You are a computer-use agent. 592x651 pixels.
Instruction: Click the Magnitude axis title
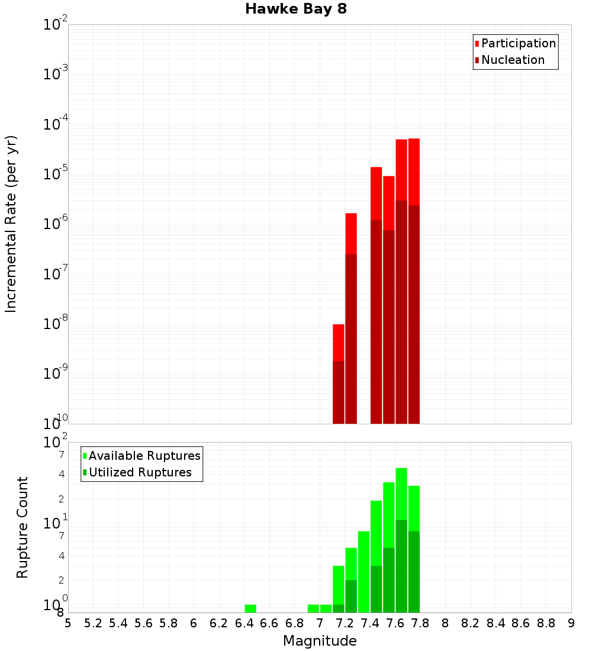coord(320,641)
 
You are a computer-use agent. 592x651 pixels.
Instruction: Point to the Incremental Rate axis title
coord(11,224)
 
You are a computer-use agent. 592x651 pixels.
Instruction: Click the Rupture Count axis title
coord(22,527)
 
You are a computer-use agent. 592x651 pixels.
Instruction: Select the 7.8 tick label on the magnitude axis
coord(420,623)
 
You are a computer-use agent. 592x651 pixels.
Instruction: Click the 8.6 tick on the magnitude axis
coord(521,623)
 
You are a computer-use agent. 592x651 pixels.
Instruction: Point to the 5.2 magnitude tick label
coord(94,623)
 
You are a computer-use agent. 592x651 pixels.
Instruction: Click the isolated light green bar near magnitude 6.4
coord(250,608)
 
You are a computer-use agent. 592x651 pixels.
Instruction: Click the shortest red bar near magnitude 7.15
coord(339,342)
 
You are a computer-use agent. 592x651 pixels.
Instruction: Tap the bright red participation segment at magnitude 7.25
coord(351,233)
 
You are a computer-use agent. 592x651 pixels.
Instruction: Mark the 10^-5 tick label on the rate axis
coord(56,175)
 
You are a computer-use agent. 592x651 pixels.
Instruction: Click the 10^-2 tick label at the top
coord(56,25)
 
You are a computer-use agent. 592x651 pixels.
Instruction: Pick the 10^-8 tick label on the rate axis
coord(56,324)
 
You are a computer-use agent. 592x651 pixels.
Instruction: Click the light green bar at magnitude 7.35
coord(363,571)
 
